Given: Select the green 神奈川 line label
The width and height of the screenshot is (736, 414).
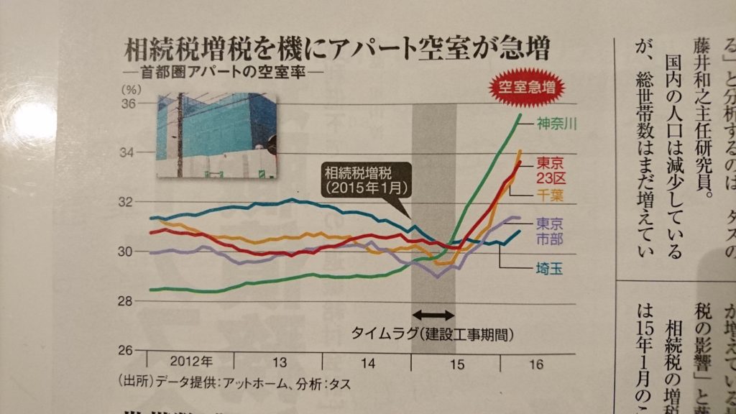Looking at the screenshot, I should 556,123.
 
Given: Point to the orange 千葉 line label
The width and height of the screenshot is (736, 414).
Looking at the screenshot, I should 553,196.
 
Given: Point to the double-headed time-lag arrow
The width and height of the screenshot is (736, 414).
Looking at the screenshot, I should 434,315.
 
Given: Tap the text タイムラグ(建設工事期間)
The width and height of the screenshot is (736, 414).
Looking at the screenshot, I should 434,334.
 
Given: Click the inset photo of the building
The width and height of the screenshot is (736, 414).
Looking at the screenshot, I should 216,136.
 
